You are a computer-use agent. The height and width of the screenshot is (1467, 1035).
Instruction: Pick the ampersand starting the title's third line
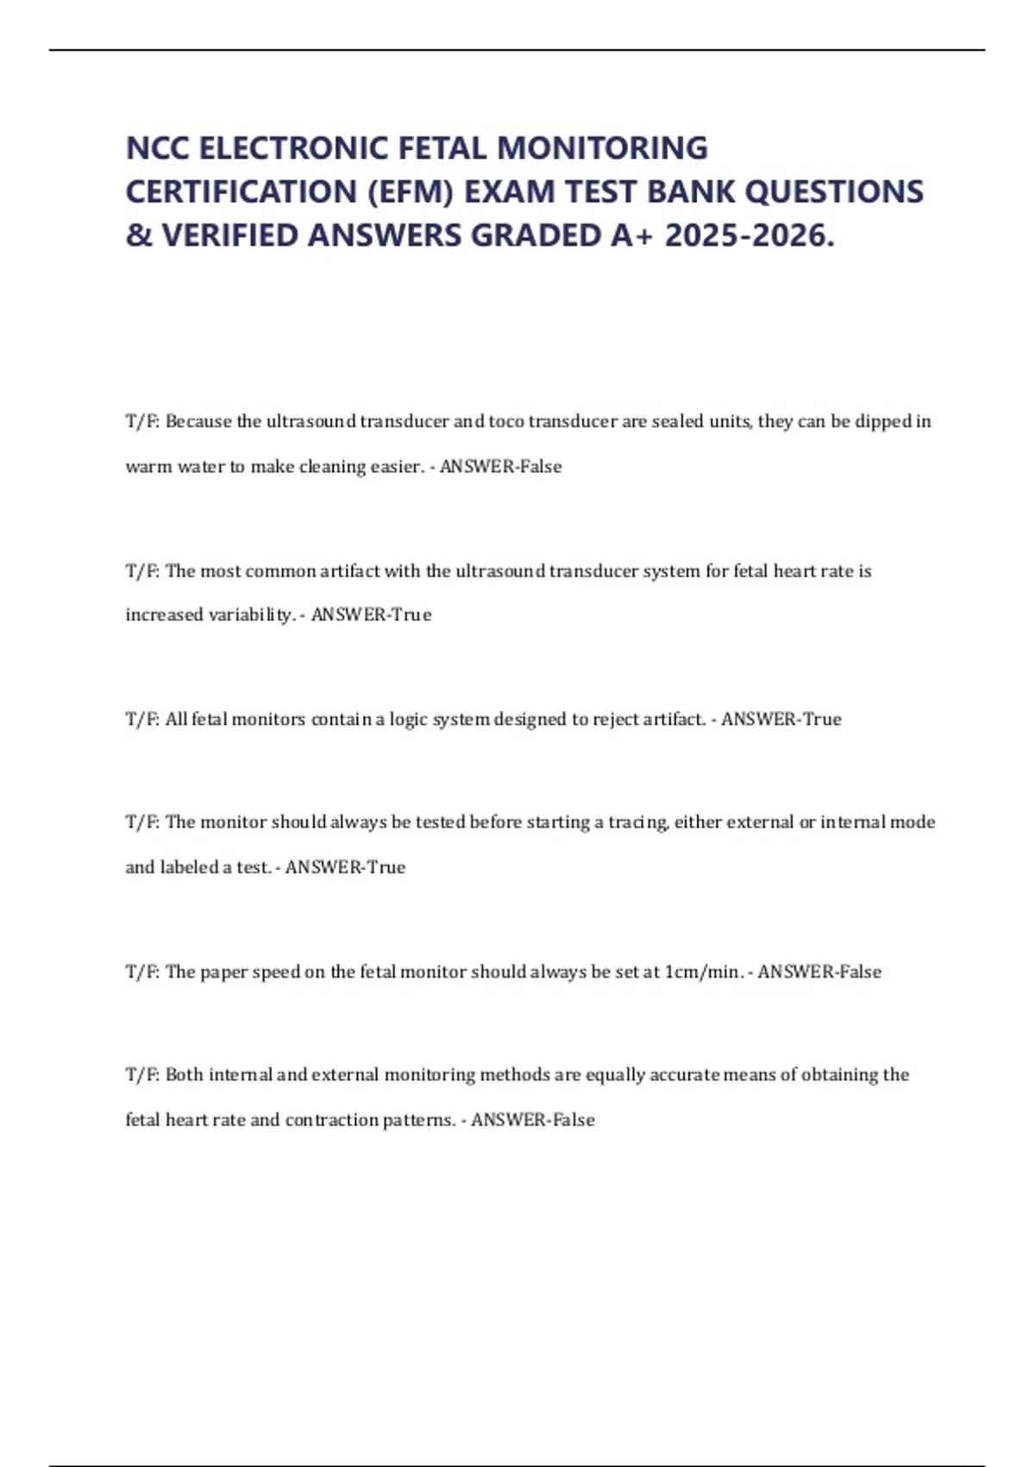(x=138, y=235)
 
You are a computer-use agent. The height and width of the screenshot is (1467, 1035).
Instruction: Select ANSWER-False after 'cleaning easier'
(x=501, y=467)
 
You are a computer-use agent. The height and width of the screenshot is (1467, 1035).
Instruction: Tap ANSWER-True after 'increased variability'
(x=371, y=615)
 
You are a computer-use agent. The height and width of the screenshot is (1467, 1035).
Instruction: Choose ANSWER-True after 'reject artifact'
(x=781, y=720)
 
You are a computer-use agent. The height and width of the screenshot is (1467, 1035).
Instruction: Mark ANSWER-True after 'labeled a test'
(x=345, y=867)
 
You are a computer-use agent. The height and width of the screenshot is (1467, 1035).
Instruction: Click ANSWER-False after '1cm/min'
(x=819, y=973)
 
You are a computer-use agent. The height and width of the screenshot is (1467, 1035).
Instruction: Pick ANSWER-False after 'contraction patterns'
(x=533, y=1120)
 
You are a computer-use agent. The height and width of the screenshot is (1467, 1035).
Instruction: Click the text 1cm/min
(x=703, y=973)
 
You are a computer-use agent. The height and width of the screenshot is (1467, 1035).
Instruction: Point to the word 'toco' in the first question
(x=506, y=422)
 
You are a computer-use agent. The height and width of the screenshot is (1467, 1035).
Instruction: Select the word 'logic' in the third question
(x=408, y=720)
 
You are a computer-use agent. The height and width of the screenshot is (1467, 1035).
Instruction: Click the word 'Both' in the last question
(x=184, y=1075)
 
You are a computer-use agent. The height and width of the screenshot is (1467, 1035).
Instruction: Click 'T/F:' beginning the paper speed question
(x=142, y=973)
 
